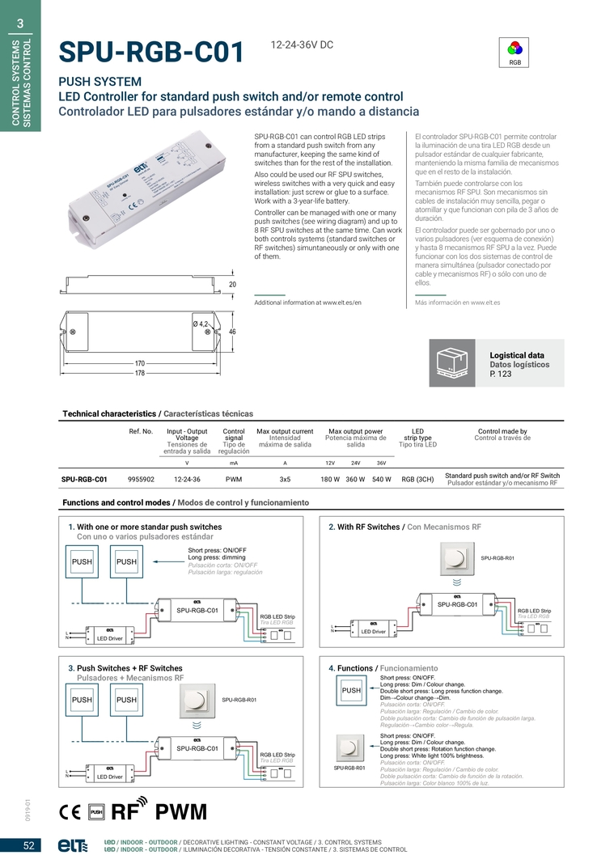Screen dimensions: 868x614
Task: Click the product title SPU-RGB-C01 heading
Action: coord(151,52)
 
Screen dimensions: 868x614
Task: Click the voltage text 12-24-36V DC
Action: coord(302,45)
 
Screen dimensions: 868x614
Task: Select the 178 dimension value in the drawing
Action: coord(140,373)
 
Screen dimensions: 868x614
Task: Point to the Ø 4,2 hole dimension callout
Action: coord(200,324)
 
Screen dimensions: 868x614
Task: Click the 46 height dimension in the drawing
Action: coord(232,332)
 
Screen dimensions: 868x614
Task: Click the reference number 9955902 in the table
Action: coord(141,479)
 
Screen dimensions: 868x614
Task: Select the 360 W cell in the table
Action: coord(356,479)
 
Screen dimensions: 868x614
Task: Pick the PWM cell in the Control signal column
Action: coord(234,479)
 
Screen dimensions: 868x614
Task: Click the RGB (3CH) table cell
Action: coord(417,479)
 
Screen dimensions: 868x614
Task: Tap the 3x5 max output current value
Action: coord(285,479)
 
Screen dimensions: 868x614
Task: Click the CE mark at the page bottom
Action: coord(70,812)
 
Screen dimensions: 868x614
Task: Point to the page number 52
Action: coord(28,846)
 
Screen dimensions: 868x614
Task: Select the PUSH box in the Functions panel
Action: coord(351,692)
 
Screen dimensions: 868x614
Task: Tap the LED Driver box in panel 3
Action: coord(109,776)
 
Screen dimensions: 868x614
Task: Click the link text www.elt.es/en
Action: coord(341,303)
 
